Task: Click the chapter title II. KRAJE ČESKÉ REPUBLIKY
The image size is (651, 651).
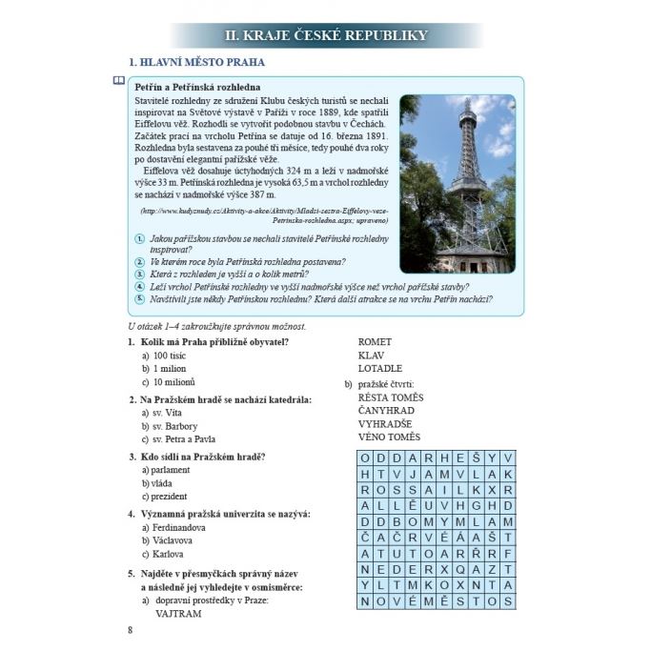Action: [x=325, y=36]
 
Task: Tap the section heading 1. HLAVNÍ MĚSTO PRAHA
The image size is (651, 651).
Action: [x=195, y=63]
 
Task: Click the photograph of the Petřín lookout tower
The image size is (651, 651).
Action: [x=457, y=182]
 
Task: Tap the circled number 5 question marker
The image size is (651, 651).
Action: [x=139, y=298]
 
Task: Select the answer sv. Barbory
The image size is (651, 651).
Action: [x=174, y=426]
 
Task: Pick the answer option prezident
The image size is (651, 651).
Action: [x=169, y=496]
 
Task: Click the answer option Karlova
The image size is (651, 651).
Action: [x=168, y=554]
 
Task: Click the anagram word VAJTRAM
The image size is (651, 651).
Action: [x=178, y=615]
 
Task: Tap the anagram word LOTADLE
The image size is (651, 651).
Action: [x=380, y=368]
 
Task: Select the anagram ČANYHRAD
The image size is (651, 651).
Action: [x=386, y=410]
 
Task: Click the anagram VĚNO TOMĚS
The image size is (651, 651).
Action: [x=389, y=437]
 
